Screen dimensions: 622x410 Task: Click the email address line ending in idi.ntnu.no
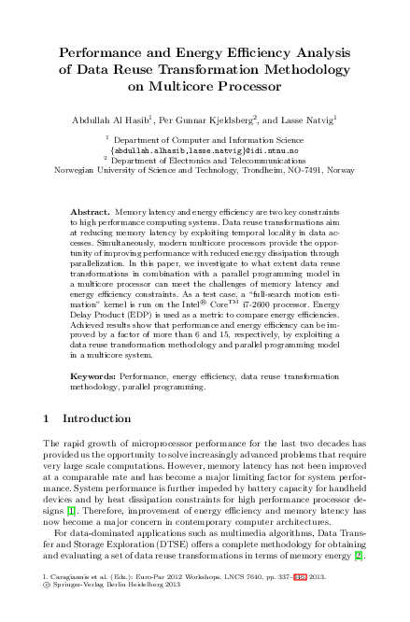204,149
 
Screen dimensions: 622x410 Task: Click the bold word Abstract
90,213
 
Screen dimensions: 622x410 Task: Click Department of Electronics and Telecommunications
205,160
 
